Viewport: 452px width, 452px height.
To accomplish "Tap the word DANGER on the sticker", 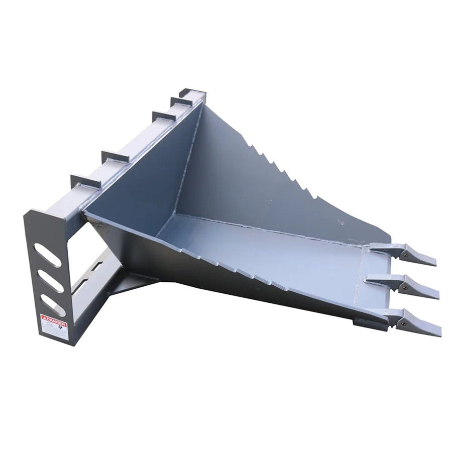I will (x=54, y=318).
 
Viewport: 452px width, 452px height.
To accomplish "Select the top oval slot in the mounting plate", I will (x=48, y=255).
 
